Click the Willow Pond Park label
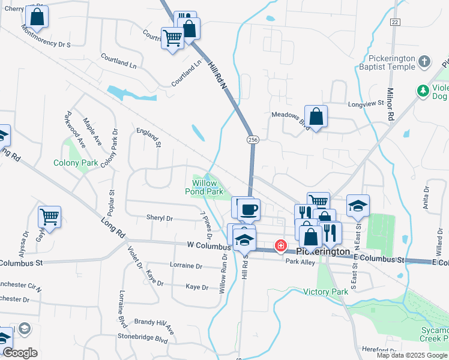coord(208,187)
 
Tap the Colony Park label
coord(76,163)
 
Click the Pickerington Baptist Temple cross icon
coord(424,61)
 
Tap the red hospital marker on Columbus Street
coord(280,245)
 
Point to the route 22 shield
coord(394,22)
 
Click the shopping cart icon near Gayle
coord(49,217)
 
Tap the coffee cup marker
coord(248,210)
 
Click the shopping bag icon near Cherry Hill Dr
coord(37,17)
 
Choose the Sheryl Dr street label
coord(159,218)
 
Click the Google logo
coord(20,353)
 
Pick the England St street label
coord(149,137)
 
